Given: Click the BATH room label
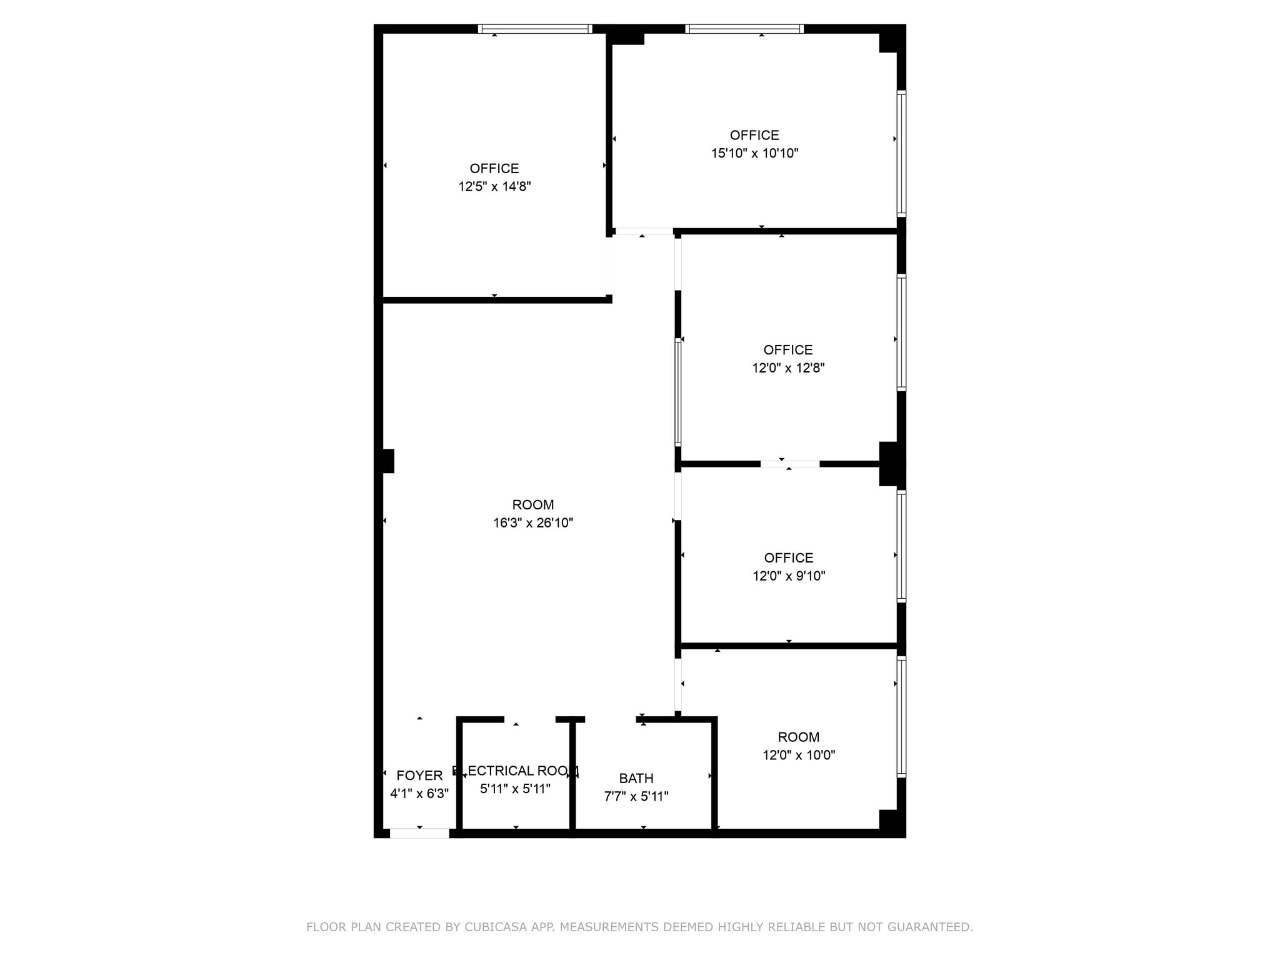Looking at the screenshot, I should point(636,778).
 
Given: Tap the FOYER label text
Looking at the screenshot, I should point(419,775).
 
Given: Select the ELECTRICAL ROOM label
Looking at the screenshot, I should point(516,771).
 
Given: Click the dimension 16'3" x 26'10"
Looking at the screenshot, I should point(532,523).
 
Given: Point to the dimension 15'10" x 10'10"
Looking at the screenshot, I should point(754,153).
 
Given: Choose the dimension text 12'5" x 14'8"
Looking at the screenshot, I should point(494,186).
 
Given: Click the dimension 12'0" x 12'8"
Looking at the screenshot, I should point(788,368).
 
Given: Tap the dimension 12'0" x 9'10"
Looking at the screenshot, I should point(789,576).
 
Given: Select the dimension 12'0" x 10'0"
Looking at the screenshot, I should point(799,755).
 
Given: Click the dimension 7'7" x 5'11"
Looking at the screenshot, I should point(636,796).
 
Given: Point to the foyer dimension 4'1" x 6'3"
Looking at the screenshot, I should point(419,794).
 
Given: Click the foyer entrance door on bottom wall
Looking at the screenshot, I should point(419,833).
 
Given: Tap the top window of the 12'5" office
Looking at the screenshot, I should point(535,29).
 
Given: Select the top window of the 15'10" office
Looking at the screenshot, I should point(744,29).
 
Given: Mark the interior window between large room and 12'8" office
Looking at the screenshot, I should point(678,392).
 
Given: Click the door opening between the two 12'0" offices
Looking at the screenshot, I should point(790,464).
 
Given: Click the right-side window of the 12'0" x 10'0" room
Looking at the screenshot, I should point(901,717).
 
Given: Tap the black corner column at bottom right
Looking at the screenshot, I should point(892,822).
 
